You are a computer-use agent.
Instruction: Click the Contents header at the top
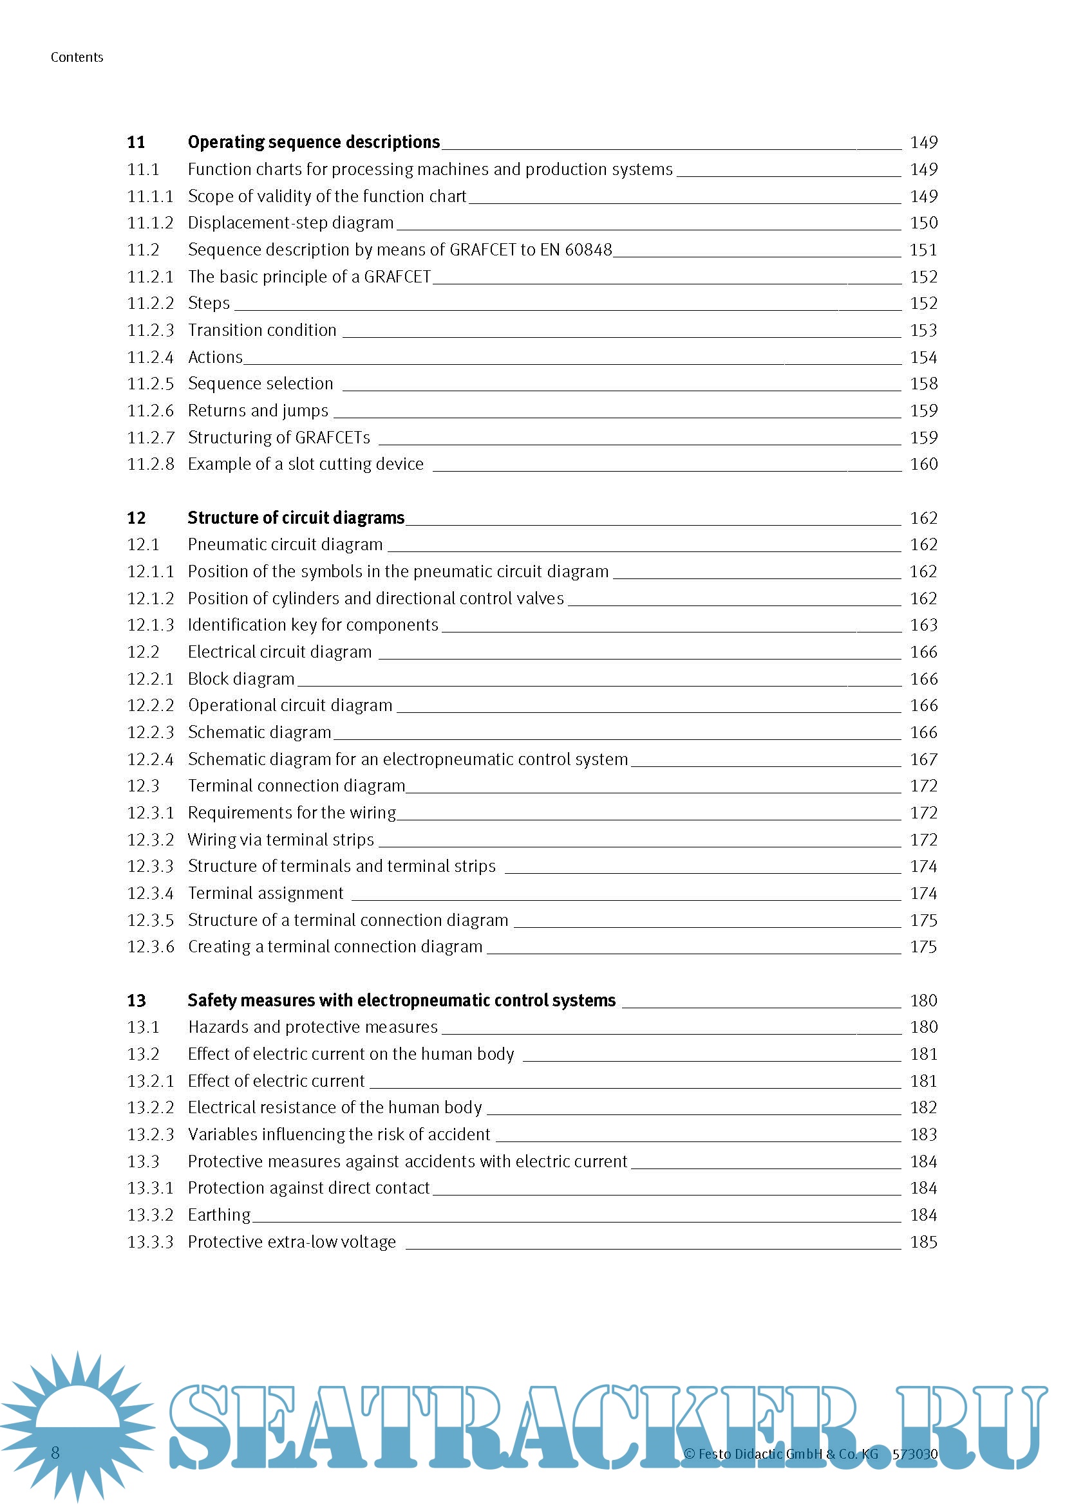tap(77, 57)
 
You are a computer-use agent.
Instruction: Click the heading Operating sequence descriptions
tap(314, 142)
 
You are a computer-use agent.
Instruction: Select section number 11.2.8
tap(150, 464)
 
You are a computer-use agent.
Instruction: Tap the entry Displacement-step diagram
tap(290, 223)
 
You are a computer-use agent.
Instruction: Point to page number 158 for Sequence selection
tap(923, 383)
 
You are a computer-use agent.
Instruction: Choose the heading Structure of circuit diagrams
tap(296, 518)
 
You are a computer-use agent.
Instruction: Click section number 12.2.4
tap(150, 759)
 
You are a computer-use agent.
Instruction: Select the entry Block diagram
tap(241, 678)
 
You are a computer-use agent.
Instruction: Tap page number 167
tap(923, 759)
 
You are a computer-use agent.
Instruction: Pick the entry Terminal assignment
tap(265, 893)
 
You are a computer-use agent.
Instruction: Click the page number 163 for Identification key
tap(923, 625)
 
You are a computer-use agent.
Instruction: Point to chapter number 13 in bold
tap(137, 1001)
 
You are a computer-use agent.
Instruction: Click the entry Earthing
tap(219, 1215)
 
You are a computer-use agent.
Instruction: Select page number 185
tap(923, 1241)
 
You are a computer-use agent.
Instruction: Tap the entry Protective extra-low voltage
tap(292, 1241)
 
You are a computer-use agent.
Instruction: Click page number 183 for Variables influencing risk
tap(923, 1134)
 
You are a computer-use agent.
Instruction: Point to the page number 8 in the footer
tap(55, 1453)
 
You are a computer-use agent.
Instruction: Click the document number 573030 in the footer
tap(915, 1454)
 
